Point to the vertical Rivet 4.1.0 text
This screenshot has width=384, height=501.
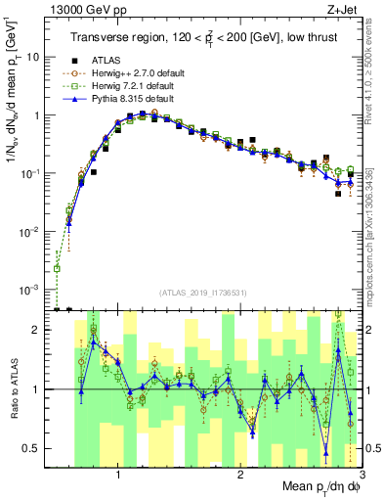376,68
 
